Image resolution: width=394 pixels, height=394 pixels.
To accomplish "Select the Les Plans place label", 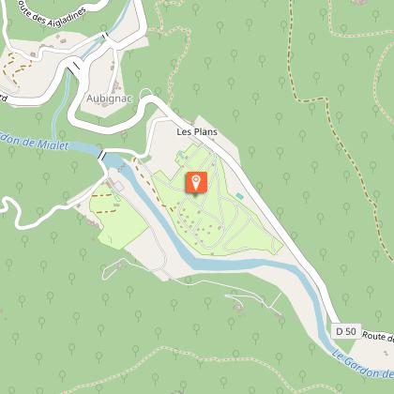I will [197, 132].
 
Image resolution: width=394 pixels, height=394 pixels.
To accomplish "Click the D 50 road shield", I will [345, 332].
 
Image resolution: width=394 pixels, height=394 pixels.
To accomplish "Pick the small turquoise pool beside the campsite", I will [239, 196].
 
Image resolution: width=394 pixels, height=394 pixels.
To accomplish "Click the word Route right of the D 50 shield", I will [375, 336].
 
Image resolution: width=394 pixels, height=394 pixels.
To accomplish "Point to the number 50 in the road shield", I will [350, 332].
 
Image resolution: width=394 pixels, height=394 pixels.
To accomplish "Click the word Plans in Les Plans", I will [205, 132].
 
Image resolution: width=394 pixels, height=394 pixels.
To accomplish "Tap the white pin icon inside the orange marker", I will [195, 179].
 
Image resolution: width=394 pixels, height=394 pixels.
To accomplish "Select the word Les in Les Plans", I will [183, 132].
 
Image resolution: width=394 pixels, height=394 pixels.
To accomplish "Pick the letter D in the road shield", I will [340, 332].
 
